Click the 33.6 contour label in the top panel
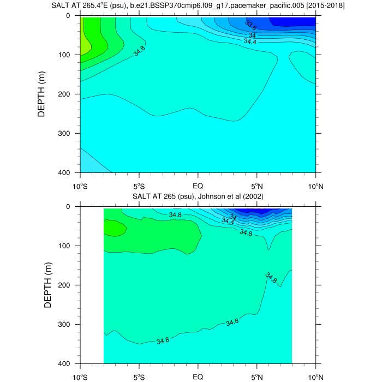(x=251, y=25)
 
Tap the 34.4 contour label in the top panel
(x=250, y=41)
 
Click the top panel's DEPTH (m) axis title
(x=48, y=94)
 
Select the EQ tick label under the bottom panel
(x=198, y=376)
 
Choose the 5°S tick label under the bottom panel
(x=139, y=376)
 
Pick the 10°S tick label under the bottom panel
(x=80, y=376)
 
